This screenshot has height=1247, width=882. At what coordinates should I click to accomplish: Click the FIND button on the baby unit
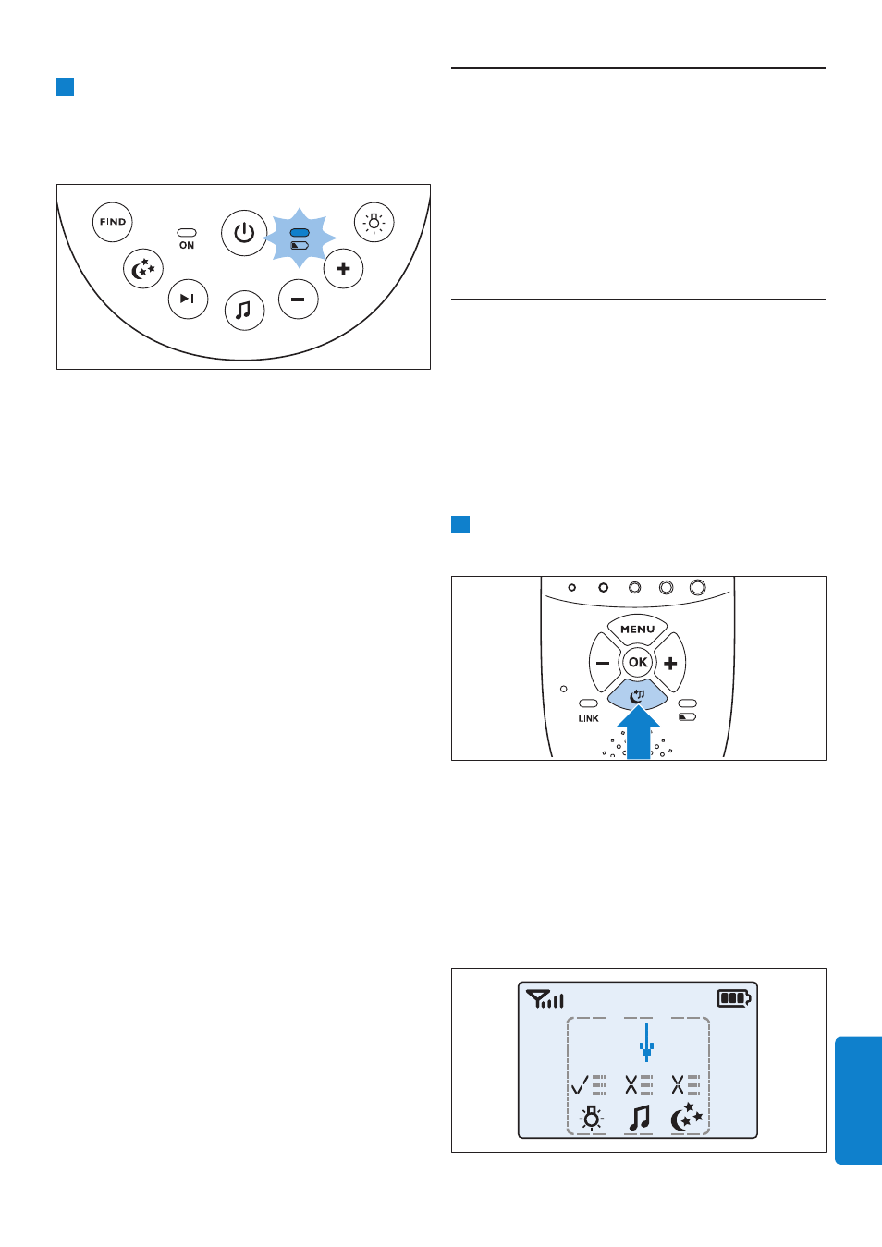[x=113, y=222]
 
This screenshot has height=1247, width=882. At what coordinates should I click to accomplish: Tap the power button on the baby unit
[x=244, y=233]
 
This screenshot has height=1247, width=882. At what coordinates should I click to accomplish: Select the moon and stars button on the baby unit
[x=143, y=268]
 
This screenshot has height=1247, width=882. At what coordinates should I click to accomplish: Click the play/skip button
[x=189, y=299]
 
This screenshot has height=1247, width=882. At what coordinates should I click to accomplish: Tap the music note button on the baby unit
[x=244, y=310]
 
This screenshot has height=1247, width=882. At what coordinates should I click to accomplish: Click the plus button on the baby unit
[x=344, y=268]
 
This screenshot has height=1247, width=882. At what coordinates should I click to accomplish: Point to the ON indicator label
[x=187, y=246]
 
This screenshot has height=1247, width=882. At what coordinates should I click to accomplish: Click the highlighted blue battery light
[x=300, y=232]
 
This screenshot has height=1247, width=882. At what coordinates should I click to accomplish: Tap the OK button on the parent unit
[x=638, y=662]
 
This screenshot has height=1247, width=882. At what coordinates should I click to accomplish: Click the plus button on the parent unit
[x=670, y=663]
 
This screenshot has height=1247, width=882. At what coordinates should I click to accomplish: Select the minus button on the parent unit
[x=604, y=663]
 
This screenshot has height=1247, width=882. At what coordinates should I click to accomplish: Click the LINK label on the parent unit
[x=589, y=718]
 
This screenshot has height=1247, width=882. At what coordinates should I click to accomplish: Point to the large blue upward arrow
[x=639, y=733]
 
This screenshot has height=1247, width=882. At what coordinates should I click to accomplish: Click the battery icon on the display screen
[x=734, y=998]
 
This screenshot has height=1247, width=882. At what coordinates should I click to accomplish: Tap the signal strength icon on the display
[x=545, y=999]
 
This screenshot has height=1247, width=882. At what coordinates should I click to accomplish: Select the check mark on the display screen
[x=580, y=1084]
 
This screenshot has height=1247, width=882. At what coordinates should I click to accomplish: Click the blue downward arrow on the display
[x=646, y=1042]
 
